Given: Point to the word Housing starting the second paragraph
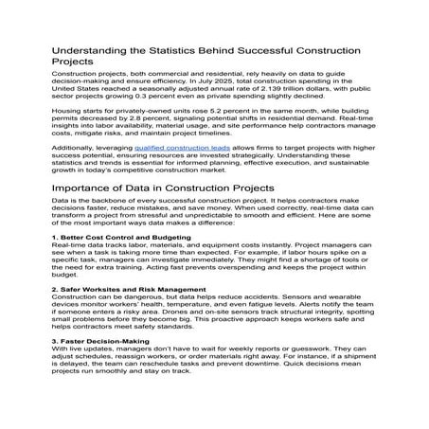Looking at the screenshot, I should [x=65, y=119].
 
